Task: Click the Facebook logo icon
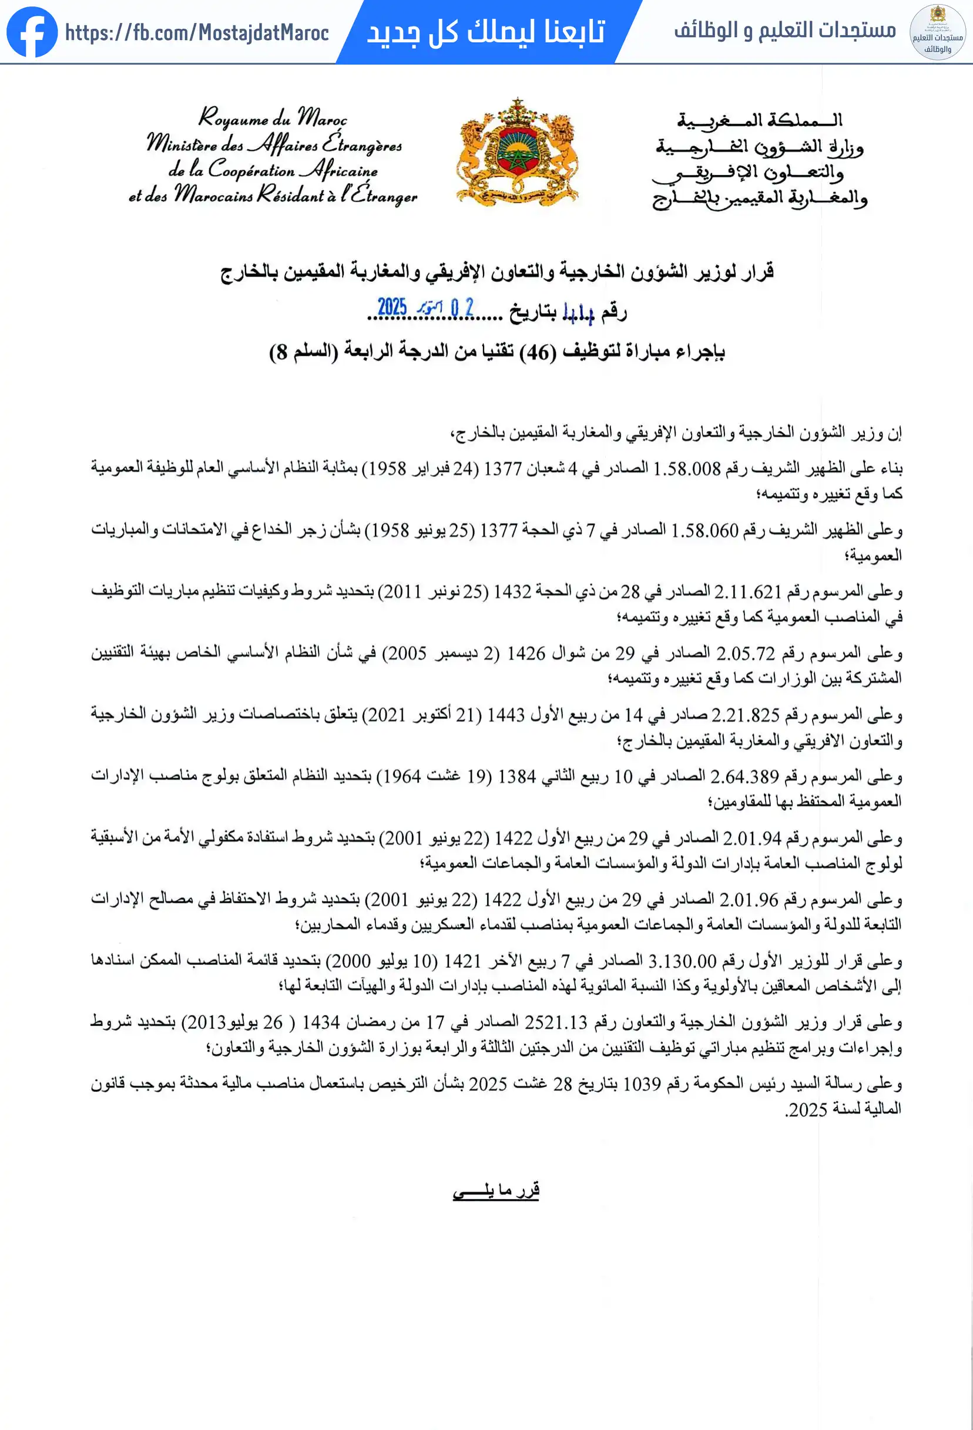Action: tap(32, 31)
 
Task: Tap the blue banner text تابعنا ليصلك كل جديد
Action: tap(486, 31)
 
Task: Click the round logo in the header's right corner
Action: tap(937, 32)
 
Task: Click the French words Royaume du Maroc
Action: tap(273, 117)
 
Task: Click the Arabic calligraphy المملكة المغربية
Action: tap(760, 119)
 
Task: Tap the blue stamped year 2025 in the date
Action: tap(392, 307)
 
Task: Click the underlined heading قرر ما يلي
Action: tap(496, 1189)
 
